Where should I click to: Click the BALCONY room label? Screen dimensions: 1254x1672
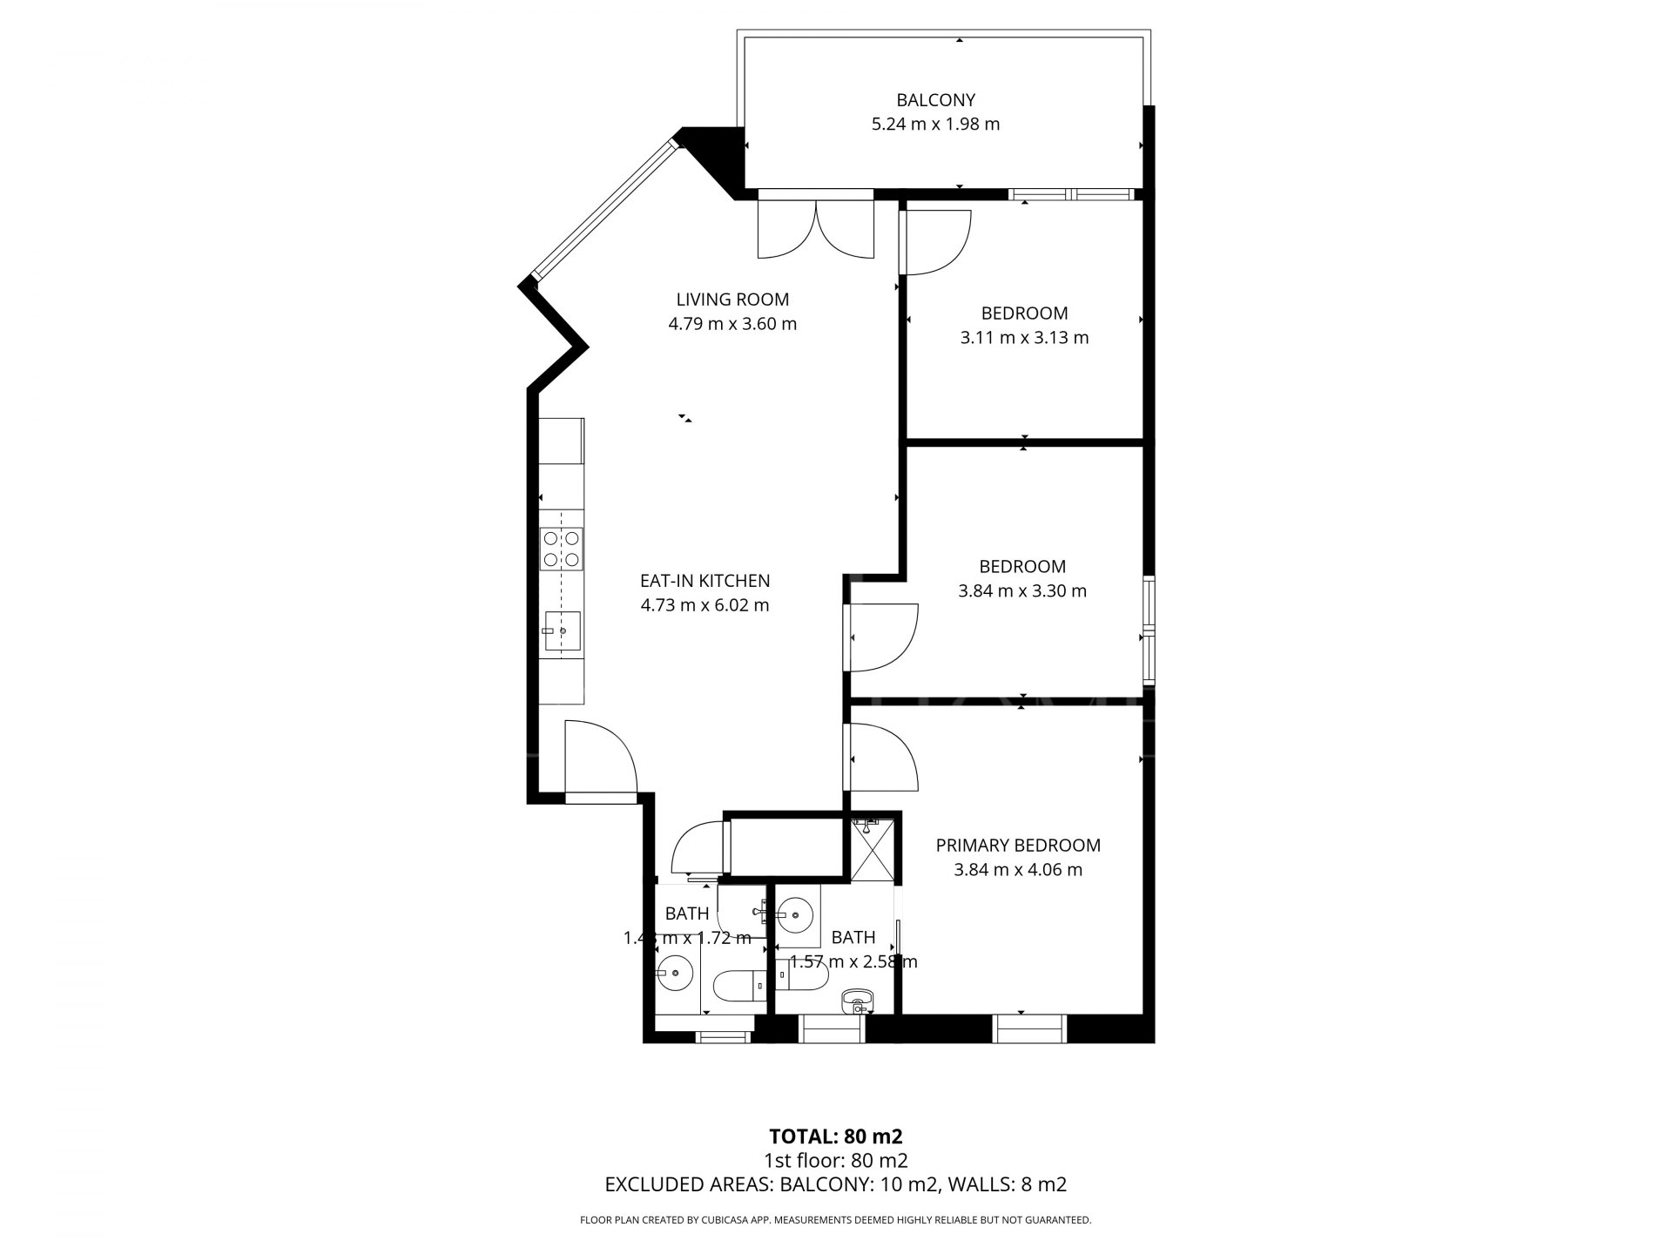point(935,100)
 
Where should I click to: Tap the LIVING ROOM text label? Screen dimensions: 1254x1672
point(732,300)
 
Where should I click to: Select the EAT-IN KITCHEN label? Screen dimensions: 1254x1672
point(705,581)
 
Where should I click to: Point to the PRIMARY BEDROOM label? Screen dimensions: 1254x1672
point(1018,845)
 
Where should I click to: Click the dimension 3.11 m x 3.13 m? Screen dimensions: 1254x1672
point(1024,338)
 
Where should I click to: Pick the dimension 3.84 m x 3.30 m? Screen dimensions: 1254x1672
point(1022,591)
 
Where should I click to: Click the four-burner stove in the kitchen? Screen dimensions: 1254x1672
point(562,549)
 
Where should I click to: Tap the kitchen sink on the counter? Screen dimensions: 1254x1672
point(562,631)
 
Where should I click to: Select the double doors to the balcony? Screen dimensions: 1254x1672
point(815,226)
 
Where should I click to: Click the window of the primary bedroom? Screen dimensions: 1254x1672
point(1030,1028)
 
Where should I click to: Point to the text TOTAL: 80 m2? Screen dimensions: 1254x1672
point(835,1136)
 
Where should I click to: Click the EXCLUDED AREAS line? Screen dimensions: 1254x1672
point(835,1184)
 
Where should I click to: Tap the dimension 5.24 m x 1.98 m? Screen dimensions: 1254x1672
point(935,125)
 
